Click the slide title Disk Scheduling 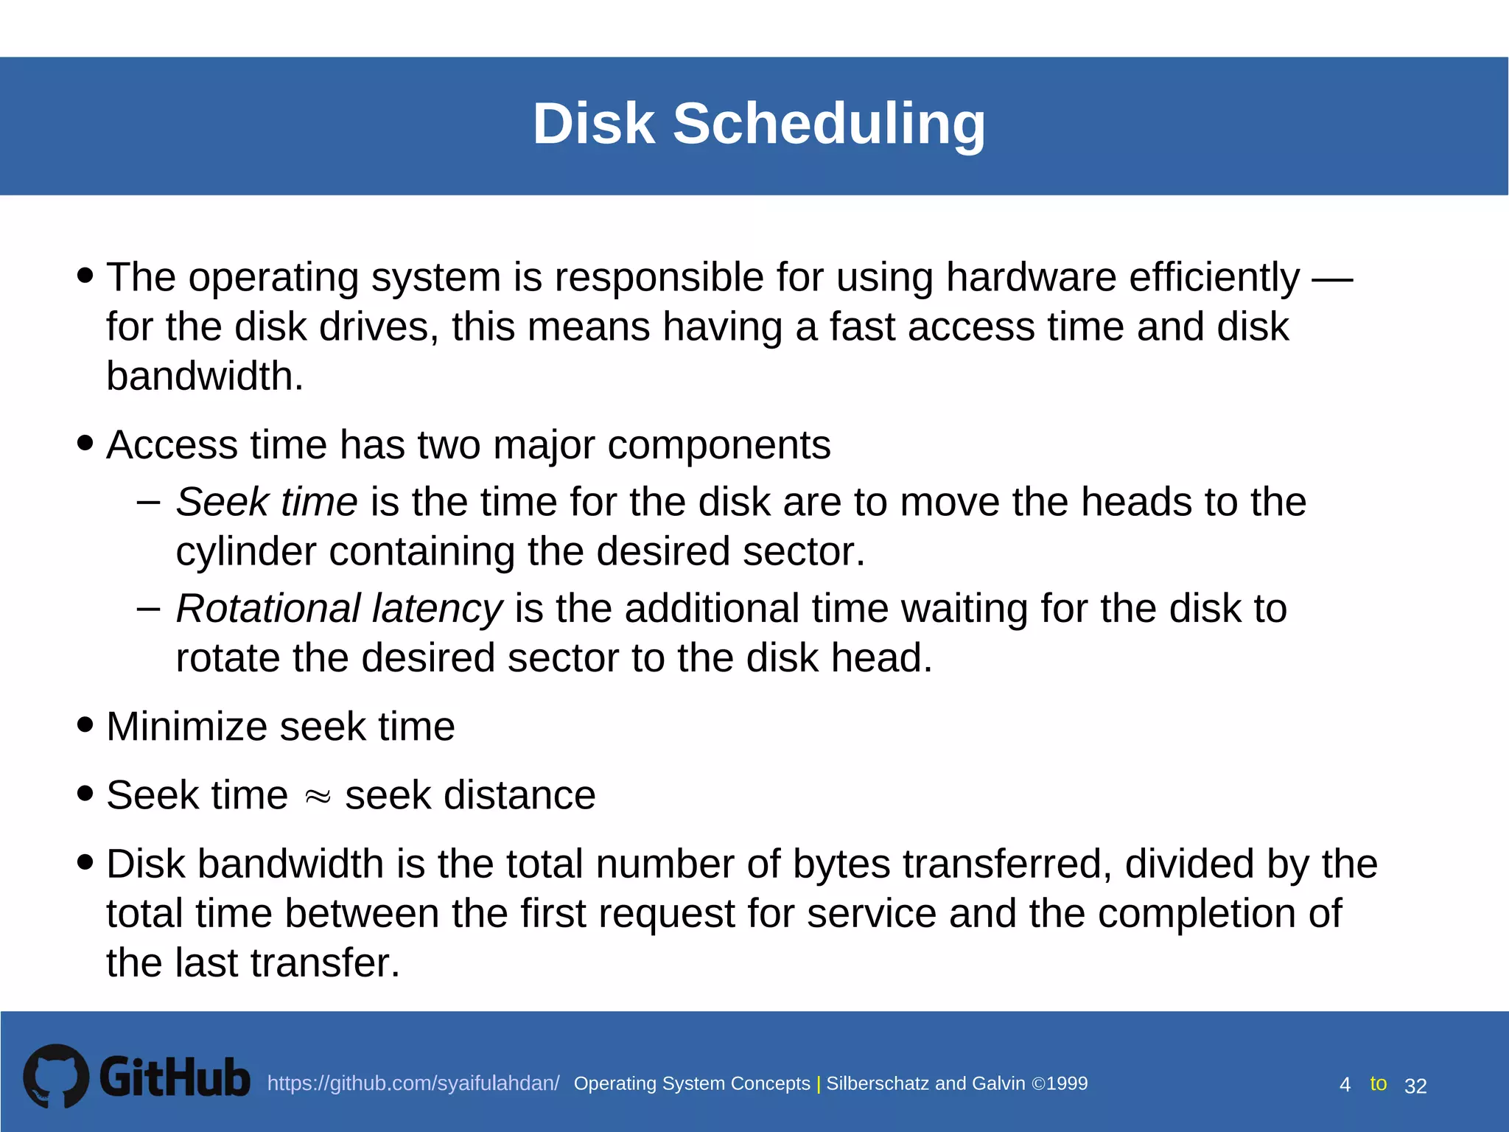(x=759, y=124)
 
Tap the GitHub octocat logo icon (x=56, y=1076)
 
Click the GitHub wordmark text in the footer (x=175, y=1077)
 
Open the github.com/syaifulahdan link (x=413, y=1083)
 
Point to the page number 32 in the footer (x=1415, y=1086)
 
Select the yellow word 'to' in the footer (x=1378, y=1083)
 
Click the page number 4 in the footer (x=1345, y=1085)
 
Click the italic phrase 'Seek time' (x=267, y=502)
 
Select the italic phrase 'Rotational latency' (x=339, y=609)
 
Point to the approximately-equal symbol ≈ (x=317, y=797)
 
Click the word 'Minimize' (x=186, y=727)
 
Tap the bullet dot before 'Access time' (x=85, y=443)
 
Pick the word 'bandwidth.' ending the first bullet (x=205, y=377)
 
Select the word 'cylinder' (x=246, y=552)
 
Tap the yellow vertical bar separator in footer (x=819, y=1084)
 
